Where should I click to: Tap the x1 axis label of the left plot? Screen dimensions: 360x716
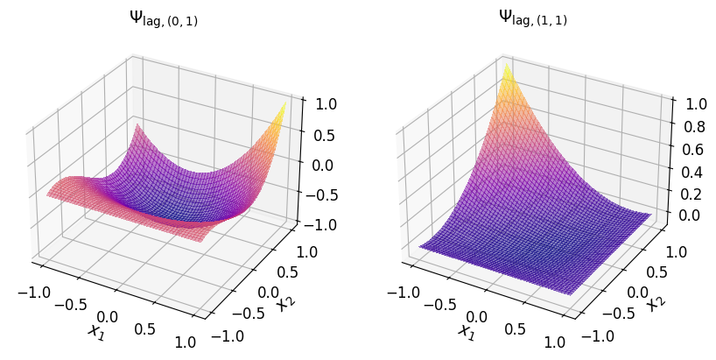pos(95,331)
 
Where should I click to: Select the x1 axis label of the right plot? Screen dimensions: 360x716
pos(465,331)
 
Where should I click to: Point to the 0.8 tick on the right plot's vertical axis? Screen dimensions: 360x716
pos(692,128)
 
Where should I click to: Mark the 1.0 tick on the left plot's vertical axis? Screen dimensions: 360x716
pos(322,103)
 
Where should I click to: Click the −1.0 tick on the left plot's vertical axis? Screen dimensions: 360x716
pos(319,224)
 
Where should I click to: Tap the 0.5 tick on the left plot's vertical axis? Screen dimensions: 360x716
pos(322,134)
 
